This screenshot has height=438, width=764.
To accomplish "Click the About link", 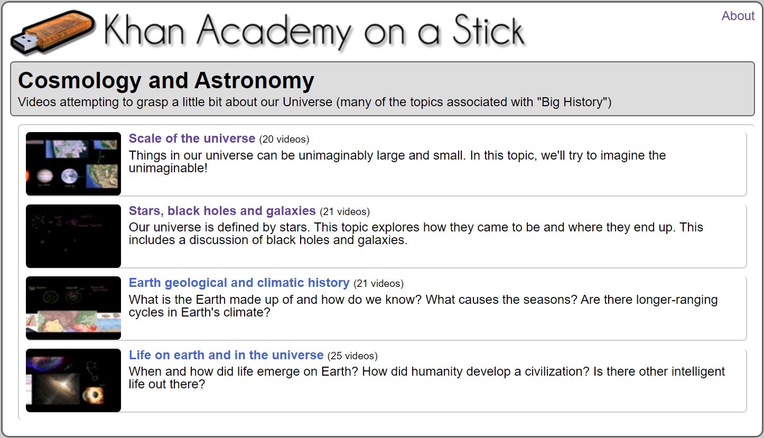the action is point(738,16).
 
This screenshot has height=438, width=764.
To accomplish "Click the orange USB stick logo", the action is point(53,33).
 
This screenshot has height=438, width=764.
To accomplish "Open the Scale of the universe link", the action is point(192,138).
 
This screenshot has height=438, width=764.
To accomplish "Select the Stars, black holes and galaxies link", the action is point(222,211).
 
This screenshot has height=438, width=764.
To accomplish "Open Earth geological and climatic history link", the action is point(239,283).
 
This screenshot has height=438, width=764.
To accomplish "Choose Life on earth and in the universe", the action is point(226,355).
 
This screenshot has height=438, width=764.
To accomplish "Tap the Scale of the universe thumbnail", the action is point(73,164).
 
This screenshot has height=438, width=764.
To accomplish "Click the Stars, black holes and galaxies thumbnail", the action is point(73,236).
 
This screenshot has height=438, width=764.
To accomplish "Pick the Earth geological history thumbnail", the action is point(73,308).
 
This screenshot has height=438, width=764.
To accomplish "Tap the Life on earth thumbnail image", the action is point(73,380).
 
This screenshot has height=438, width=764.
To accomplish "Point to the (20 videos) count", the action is point(284,139).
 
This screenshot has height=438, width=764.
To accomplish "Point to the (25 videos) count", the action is point(352,356).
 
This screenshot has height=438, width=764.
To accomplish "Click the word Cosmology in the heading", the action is point(79,81).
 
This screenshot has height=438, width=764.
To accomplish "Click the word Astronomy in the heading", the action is point(255,81).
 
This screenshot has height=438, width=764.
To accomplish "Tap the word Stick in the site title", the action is point(489,30).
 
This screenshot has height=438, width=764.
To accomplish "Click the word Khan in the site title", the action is point(144,30).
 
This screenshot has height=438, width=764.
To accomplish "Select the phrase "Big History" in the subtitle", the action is point(572,102).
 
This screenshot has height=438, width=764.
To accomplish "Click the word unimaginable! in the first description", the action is point(168,168).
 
